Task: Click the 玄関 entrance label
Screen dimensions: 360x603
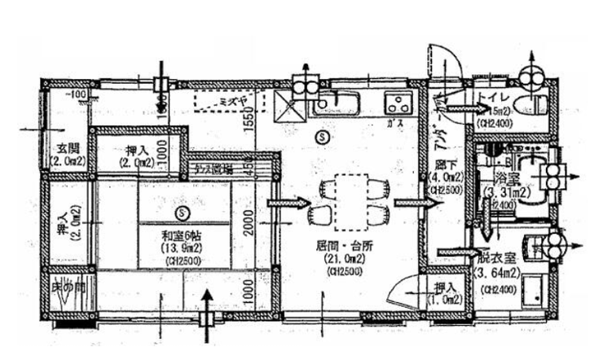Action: coord(68,148)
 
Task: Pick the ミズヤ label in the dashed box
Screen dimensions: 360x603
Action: coord(234,100)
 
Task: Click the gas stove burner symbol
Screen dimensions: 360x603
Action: coord(399,103)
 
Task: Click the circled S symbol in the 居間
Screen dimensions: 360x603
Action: coord(324,137)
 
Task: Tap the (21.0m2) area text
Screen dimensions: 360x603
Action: coord(336,258)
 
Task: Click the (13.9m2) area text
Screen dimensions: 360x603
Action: coord(175,248)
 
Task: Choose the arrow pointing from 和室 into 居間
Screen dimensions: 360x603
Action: coord(287,203)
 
